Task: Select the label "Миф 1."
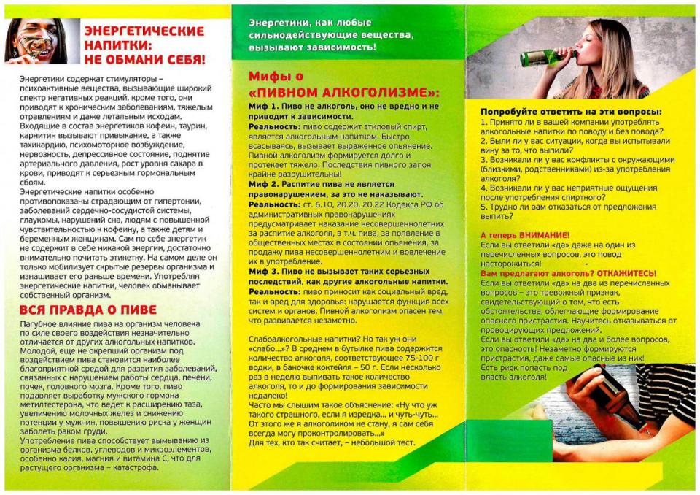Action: coord(265,107)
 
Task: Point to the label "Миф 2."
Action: coord(265,184)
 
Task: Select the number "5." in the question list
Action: coord(485,207)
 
